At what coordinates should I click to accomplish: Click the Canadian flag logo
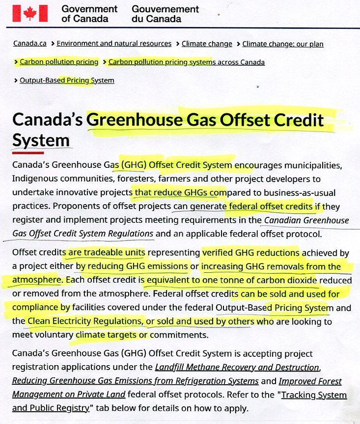[30, 13]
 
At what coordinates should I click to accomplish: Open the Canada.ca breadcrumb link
[30, 44]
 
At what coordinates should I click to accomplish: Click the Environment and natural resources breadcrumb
[114, 44]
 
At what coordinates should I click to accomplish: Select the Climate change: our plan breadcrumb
[283, 44]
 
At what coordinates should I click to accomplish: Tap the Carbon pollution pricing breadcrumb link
[59, 62]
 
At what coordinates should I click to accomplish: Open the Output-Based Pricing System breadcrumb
[67, 80]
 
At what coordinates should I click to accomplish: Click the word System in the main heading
[41, 140]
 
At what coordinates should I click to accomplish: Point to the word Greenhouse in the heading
[140, 120]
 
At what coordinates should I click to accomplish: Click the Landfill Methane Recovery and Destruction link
[237, 367]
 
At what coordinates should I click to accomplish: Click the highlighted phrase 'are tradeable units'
[107, 253]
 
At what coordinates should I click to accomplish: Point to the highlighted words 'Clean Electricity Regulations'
[84, 321]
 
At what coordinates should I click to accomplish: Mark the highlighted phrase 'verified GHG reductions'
[251, 253]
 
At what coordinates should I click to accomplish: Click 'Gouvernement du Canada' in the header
[165, 14]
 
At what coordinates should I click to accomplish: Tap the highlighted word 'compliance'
[35, 308]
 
